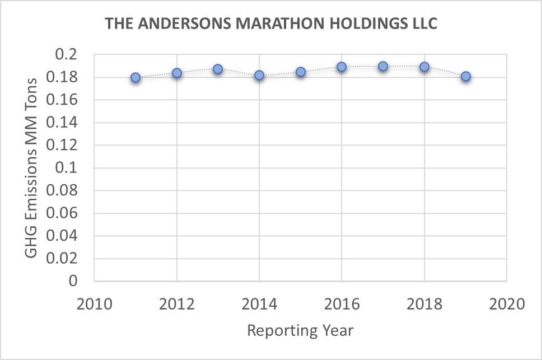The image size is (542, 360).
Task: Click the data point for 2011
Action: pyautogui.click(x=135, y=77)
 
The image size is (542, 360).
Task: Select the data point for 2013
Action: pyautogui.click(x=218, y=69)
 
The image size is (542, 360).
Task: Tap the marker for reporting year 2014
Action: pyautogui.click(x=259, y=75)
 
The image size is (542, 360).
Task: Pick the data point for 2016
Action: pyautogui.click(x=342, y=67)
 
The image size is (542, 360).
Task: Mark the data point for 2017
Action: pyautogui.click(x=383, y=66)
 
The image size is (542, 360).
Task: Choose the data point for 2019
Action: pyautogui.click(x=465, y=76)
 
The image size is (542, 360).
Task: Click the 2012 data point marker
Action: pyautogui.click(x=177, y=73)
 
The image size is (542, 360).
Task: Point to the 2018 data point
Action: pyautogui.click(x=424, y=67)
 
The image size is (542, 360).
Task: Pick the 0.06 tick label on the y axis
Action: pyautogui.click(x=67, y=213)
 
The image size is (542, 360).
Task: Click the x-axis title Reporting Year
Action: pyautogui.click(x=300, y=330)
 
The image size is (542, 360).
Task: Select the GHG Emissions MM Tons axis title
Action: pyautogui.click(x=32, y=167)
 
